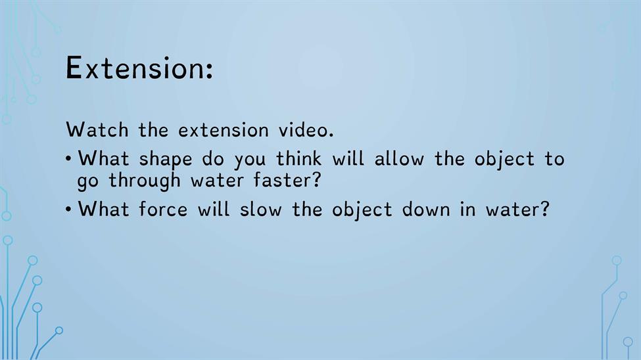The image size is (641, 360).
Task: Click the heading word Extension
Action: [135, 68]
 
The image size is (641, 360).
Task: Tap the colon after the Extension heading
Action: [210, 71]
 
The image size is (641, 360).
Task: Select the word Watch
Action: [97, 130]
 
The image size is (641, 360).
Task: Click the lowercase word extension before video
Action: [224, 130]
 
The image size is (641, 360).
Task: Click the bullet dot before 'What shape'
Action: [68, 158]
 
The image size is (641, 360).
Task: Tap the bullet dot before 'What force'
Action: [68, 209]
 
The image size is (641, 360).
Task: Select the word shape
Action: [165, 160]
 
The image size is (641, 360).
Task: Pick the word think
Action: [298, 158]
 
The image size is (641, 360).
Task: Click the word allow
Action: [399, 158]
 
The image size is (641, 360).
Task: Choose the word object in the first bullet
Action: [504, 160]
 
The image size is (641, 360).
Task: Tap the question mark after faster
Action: [316, 180]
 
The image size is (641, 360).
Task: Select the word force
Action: [162, 209]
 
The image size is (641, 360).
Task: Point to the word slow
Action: [260, 209]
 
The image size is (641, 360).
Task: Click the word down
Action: [426, 209]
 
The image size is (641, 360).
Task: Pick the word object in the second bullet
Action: [362, 210]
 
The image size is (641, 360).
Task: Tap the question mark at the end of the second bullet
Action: [544, 209]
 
